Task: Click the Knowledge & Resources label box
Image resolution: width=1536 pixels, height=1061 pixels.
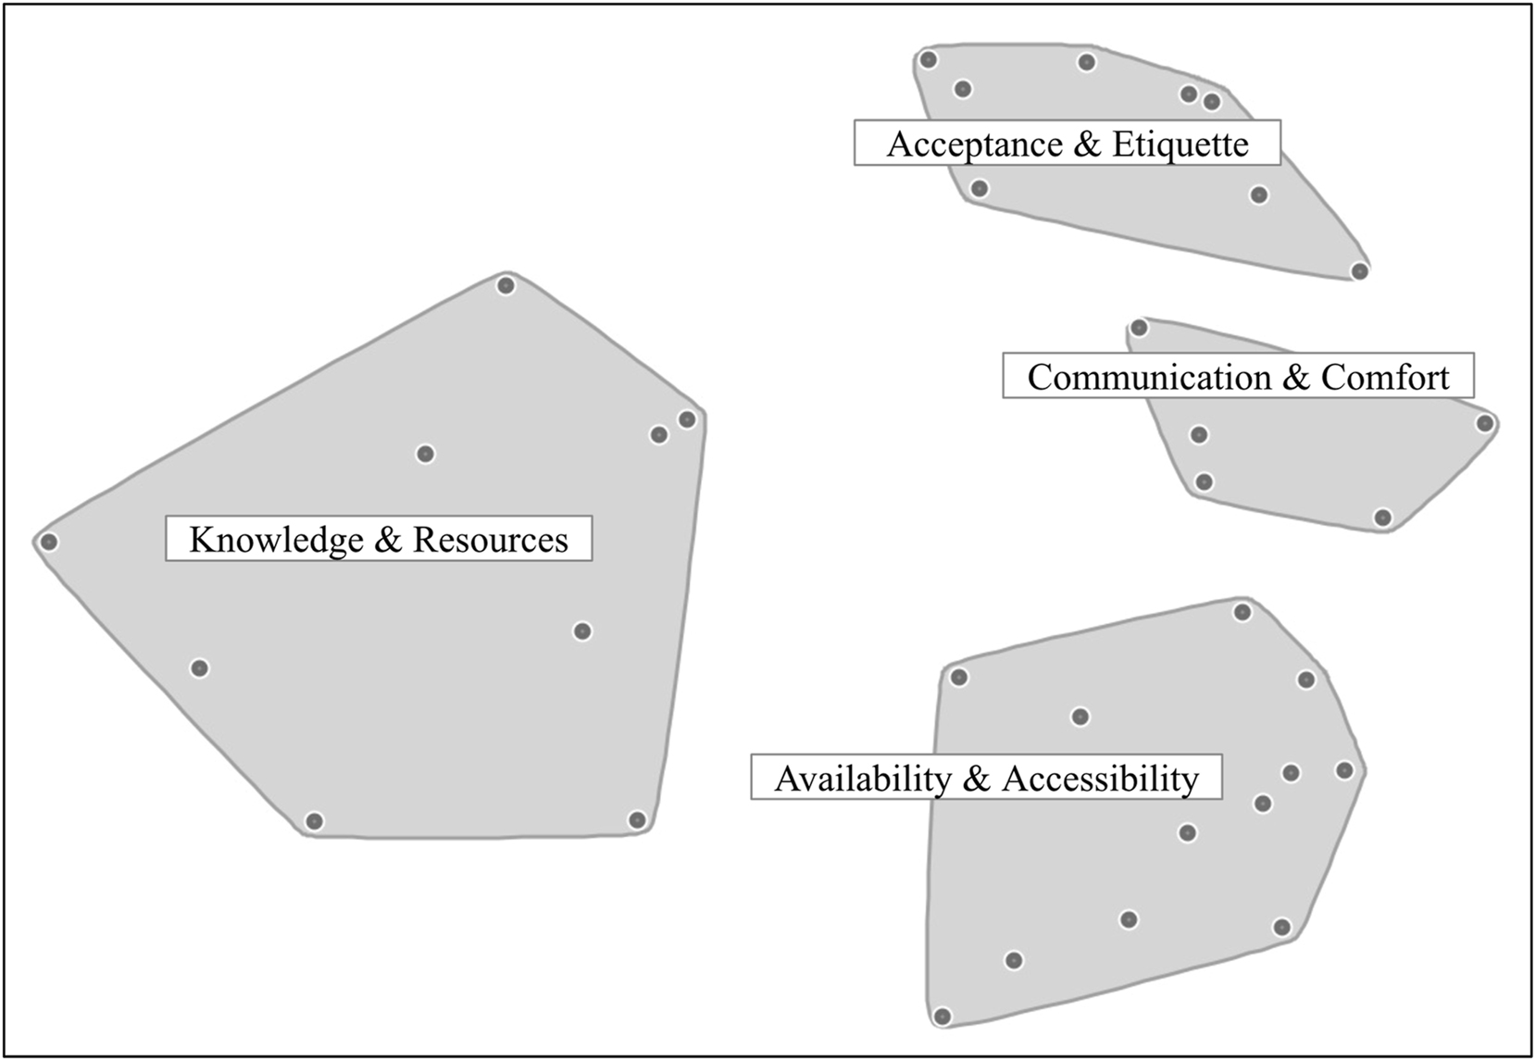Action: [x=379, y=539]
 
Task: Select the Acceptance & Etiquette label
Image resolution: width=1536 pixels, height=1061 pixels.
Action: [x=1067, y=144]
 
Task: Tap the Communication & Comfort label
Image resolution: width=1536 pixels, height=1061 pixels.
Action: [x=1238, y=377]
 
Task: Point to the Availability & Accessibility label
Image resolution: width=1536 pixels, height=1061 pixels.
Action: [x=986, y=778]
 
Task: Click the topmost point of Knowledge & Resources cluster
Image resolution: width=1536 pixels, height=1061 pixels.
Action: [x=506, y=285]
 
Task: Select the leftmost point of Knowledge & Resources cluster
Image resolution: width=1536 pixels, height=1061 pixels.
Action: [x=49, y=542]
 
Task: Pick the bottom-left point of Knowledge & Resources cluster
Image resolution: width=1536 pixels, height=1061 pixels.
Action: [x=315, y=821]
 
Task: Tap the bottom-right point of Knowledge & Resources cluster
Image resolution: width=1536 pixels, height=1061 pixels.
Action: [x=636, y=819]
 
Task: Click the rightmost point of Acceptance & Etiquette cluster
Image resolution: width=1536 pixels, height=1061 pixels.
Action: [x=1359, y=271]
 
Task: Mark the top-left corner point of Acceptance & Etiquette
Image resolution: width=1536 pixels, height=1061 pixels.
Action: [x=929, y=60]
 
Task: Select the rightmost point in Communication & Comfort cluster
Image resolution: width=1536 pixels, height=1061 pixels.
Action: [x=1485, y=424]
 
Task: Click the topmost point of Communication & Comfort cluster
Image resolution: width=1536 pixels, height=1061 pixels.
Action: [x=1140, y=328]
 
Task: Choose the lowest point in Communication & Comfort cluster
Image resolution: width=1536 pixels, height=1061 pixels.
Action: [x=1382, y=518]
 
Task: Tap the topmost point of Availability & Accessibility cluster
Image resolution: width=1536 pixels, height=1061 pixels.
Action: [x=1243, y=612]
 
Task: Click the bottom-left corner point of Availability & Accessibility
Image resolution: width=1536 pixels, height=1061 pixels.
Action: [x=943, y=1017]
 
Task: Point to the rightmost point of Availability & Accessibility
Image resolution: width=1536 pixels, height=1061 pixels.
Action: [x=1344, y=770]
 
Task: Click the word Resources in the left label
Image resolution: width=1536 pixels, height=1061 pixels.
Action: [x=490, y=539]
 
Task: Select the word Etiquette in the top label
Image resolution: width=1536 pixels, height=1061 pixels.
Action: [x=1180, y=144]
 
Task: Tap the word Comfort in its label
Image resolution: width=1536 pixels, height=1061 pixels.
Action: [x=1384, y=377]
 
